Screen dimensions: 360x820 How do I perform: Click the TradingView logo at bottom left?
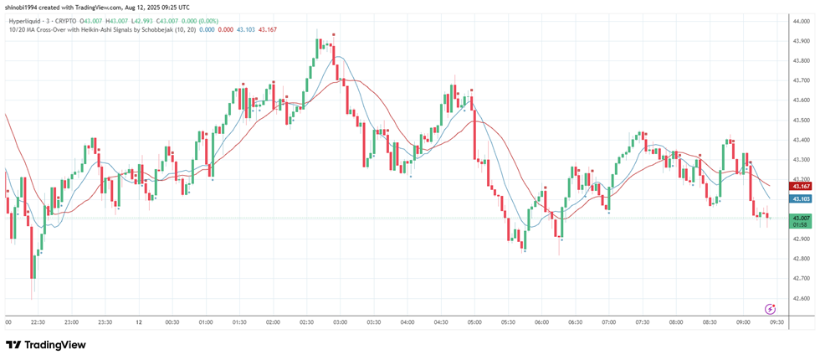tap(46, 345)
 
